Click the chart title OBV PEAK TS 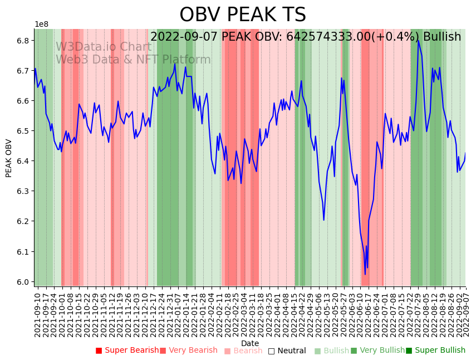click(x=242, y=15)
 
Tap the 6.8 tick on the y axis click(x=23, y=41)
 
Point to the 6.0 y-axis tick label click(x=23, y=282)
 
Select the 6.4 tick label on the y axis click(x=23, y=161)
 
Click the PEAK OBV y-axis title click(x=9, y=158)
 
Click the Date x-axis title click(x=250, y=343)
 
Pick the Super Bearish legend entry click(x=127, y=351)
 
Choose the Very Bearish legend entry click(x=189, y=351)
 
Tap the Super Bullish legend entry click(x=435, y=351)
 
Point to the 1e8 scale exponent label click(x=41, y=25)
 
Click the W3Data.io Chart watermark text click(x=104, y=47)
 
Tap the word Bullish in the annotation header click(x=442, y=37)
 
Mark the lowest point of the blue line click(x=365, y=274)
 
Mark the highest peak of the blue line click(x=418, y=40)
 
